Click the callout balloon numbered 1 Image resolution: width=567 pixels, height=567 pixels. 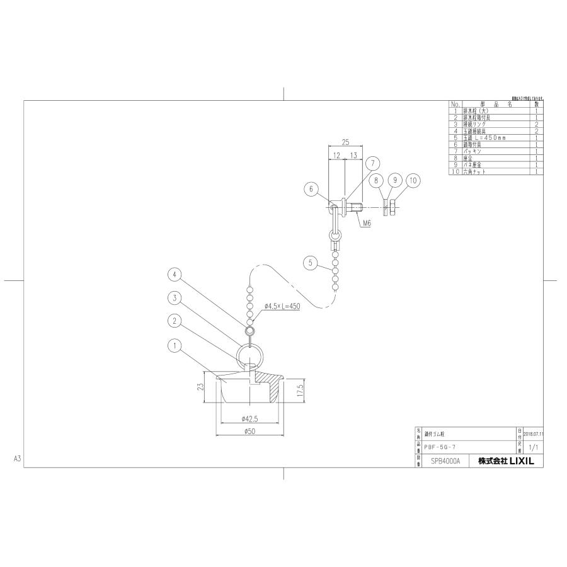(x=175, y=345)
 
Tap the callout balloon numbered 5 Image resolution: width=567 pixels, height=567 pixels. (x=309, y=261)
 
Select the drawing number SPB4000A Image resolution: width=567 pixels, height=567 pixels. (x=445, y=461)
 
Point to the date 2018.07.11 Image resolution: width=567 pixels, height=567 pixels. (x=533, y=433)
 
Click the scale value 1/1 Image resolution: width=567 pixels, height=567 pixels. (x=532, y=447)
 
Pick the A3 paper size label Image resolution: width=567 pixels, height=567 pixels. (x=17, y=459)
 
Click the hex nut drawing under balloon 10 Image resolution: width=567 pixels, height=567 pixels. (x=392, y=205)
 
